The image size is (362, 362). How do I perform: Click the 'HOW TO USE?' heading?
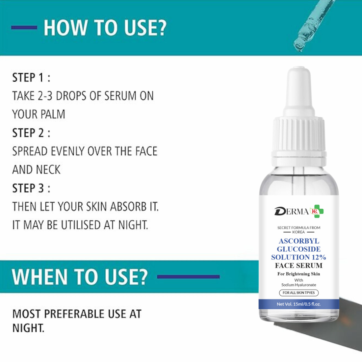(x=105, y=28)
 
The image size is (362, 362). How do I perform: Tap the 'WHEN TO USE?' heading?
(x=80, y=277)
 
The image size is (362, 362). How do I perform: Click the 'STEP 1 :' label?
(x=31, y=78)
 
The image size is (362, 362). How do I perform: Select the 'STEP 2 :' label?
(x=31, y=133)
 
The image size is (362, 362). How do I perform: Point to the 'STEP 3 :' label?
(x=31, y=188)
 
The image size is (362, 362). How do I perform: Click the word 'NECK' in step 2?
(x=49, y=170)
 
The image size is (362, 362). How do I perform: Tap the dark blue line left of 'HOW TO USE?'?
(x=24, y=28)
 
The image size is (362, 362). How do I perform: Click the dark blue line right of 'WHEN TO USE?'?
(x=188, y=277)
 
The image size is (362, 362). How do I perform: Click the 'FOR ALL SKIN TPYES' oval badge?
(x=298, y=293)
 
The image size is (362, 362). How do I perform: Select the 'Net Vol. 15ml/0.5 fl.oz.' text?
(x=298, y=304)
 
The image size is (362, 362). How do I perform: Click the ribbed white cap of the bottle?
(x=298, y=135)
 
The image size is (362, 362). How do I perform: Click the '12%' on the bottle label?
(x=318, y=257)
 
